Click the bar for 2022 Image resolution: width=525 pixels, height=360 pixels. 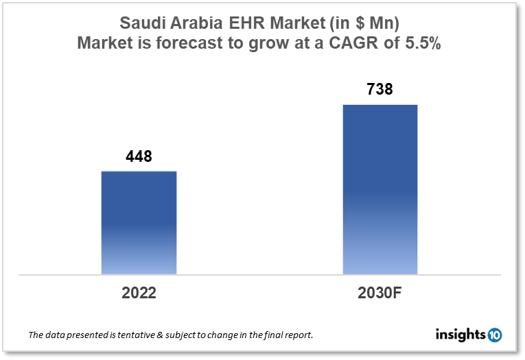tap(139, 223)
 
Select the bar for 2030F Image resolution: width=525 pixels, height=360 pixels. tap(380, 190)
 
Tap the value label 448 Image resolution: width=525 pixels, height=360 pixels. tap(139, 157)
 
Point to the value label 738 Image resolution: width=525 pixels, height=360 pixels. tap(380, 89)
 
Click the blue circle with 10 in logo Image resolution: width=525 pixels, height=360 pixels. tap(494, 335)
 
